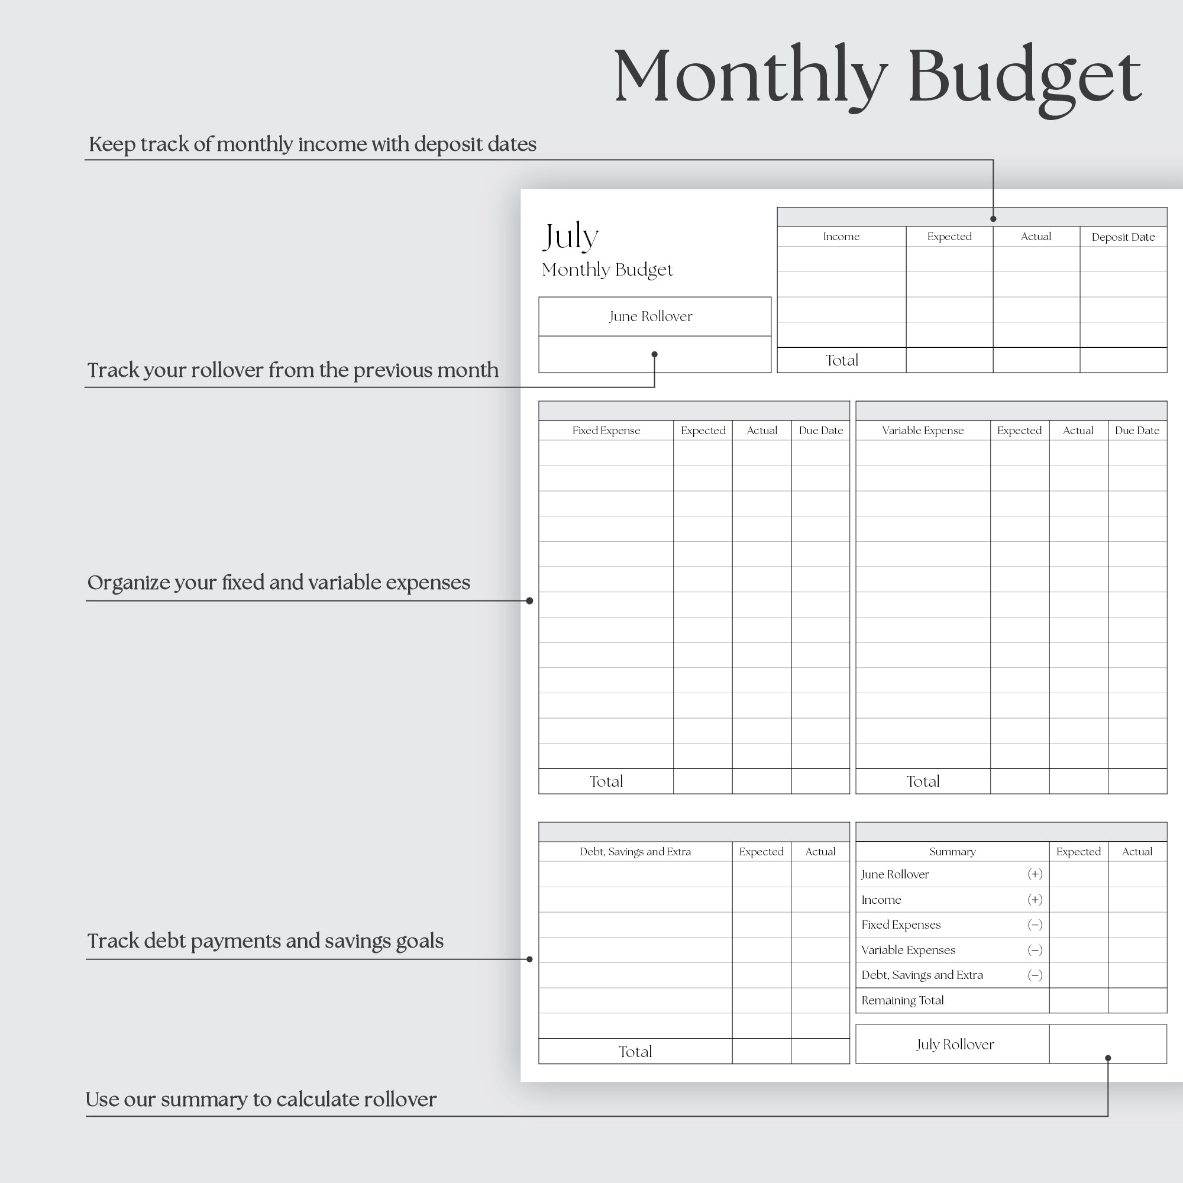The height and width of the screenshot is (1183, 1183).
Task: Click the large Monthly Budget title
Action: click(x=877, y=76)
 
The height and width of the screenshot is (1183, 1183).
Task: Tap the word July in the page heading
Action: click(x=570, y=236)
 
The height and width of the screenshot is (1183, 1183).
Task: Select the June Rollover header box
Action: click(x=654, y=316)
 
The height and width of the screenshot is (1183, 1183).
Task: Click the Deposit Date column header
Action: click(x=1123, y=237)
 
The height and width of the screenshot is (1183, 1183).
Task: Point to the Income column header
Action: click(x=841, y=237)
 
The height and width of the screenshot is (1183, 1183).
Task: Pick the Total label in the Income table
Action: click(x=841, y=360)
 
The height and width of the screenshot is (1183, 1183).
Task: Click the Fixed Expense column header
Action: click(x=606, y=431)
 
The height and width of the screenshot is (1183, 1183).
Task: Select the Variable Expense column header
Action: click(x=922, y=431)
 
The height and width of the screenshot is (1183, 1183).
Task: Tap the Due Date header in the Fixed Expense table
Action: click(x=820, y=431)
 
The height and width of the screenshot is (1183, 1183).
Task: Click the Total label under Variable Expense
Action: click(x=922, y=781)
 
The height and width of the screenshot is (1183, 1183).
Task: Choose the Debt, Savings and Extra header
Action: click(x=634, y=851)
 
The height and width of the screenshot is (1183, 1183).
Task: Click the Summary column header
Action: click(x=952, y=851)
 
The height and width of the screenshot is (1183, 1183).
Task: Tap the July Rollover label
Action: click(x=954, y=1044)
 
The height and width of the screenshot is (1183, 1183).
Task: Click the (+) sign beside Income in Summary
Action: click(x=1034, y=900)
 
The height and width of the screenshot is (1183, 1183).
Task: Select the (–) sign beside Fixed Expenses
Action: click(x=1034, y=925)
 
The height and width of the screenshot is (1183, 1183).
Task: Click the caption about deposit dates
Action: click(x=312, y=144)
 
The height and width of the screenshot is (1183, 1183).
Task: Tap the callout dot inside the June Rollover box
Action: click(x=654, y=354)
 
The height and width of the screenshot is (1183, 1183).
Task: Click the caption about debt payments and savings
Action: click(x=265, y=941)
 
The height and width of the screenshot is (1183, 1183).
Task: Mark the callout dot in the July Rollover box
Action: click(x=1107, y=1058)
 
